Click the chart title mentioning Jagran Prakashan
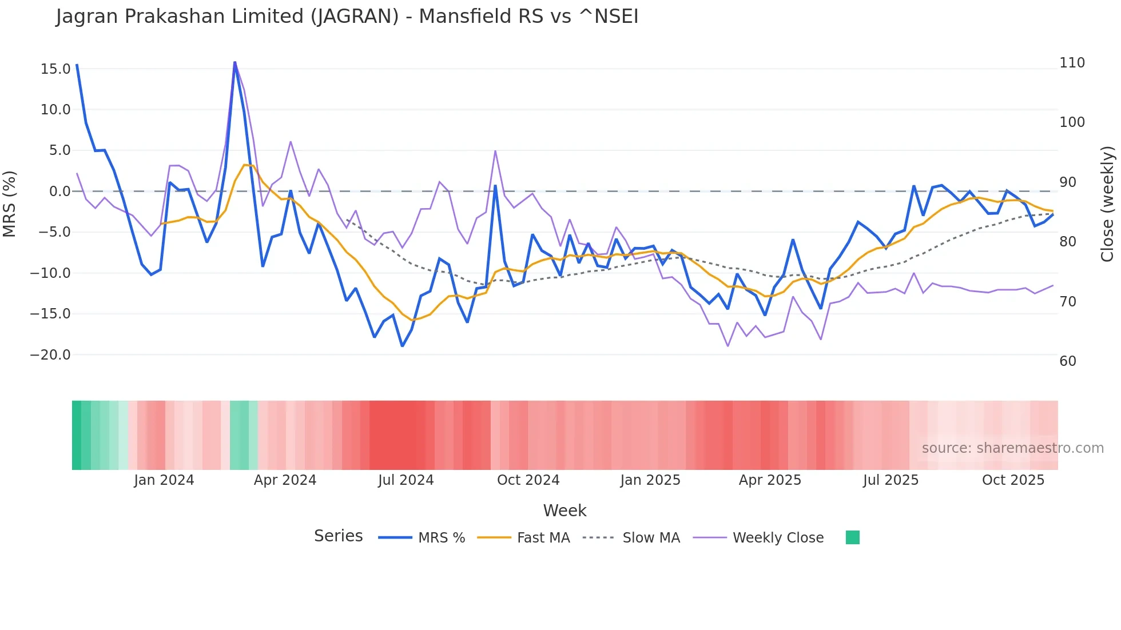pyautogui.click(x=347, y=17)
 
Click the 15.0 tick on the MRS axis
pyautogui.click(x=55, y=69)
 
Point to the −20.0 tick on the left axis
pyautogui.click(x=50, y=355)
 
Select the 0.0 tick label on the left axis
pyautogui.click(x=59, y=192)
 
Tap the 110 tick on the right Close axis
pyautogui.click(x=1072, y=63)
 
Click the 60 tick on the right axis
pyautogui.click(x=1068, y=361)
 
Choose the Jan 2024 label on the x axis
pyautogui.click(x=164, y=480)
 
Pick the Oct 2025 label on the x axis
pyautogui.click(x=1013, y=480)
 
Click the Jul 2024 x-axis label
pyautogui.click(x=406, y=480)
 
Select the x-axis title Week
pyautogui.click(x=565, y=511)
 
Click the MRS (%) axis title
pyautogui.click(x=10, y=204)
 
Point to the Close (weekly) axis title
pyautogui.click(x=1107, y=204)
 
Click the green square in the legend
pyautogui.click(x=852, y=537)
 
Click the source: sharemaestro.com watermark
pyautogui.click(x=1012, y=448)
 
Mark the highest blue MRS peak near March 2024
pyautogui.click(x=234, y=62)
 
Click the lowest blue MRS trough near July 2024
pyautogui.click(x=402, y=346)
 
